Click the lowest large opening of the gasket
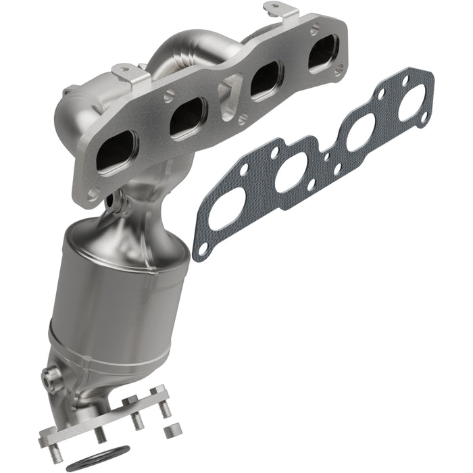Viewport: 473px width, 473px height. (226, 208)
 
